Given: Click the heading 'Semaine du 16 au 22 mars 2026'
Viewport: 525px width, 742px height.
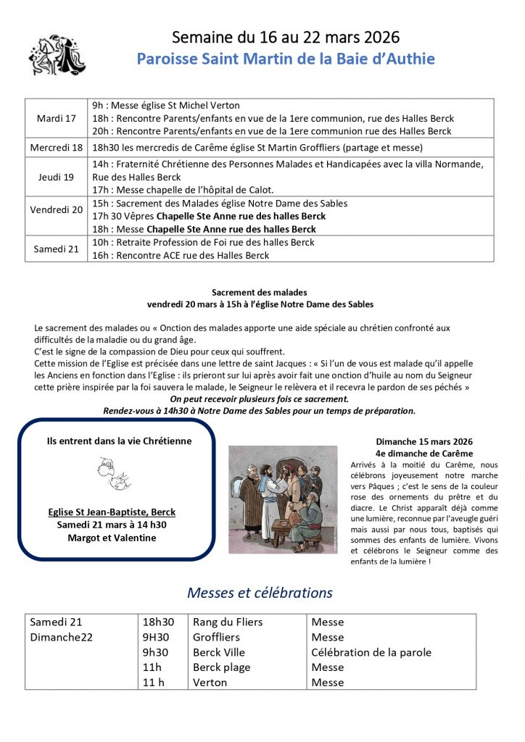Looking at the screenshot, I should click(x=286, y=37).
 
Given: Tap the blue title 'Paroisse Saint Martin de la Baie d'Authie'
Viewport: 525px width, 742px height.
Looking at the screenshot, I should click(x=286, y=59).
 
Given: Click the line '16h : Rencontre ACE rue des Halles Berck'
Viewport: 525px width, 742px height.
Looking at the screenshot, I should click(x=181, y=255).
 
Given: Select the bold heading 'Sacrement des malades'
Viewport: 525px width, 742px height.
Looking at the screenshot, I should click(x=260, y=291).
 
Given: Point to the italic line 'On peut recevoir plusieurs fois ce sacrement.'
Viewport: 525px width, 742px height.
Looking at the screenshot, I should click(x=259, y=399).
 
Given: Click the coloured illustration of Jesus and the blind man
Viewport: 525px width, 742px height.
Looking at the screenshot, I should click(x=283, y=499).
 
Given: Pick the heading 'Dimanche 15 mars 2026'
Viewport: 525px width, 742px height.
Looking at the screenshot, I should click(x=424, y=441).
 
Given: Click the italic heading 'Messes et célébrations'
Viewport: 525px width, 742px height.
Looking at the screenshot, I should click(x=260, y=593).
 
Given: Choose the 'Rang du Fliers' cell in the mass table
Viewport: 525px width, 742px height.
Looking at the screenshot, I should click(x=228, y=622).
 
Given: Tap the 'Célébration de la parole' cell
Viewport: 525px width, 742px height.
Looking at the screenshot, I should click(x=371, y=652).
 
